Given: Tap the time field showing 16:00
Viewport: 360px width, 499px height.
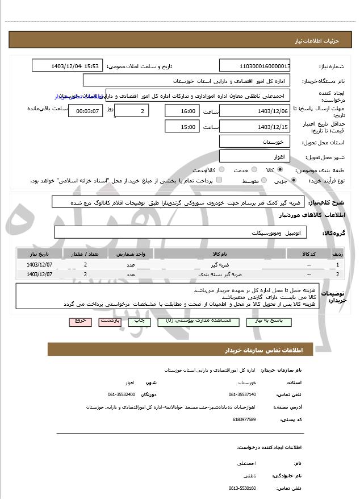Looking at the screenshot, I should (182, 111).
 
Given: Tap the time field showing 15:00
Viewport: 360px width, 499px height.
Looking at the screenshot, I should (182, 127).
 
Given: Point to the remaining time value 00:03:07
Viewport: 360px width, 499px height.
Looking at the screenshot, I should (85, 111).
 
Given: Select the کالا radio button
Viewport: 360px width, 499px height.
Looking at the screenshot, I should (279, 170).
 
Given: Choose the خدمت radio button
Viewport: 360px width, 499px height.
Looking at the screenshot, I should (254, 170).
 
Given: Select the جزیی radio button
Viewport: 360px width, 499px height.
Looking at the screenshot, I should (293, 181).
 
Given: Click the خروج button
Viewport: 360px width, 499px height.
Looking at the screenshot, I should (80, 321).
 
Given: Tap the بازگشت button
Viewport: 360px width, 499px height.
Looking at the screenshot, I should (110, 321).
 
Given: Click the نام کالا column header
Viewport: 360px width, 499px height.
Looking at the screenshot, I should (220, 253).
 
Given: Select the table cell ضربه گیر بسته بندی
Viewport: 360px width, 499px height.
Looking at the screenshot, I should (220, 275).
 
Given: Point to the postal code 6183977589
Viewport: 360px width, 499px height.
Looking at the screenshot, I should (244, 419).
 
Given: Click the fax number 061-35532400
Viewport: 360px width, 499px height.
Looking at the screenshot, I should (122, 394).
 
